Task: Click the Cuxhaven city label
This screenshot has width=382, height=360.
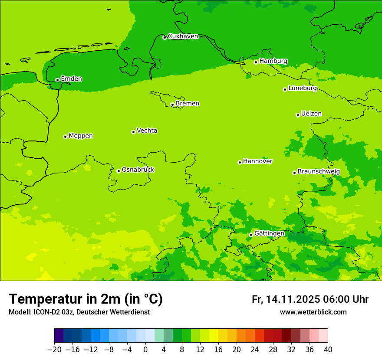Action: point(183,36)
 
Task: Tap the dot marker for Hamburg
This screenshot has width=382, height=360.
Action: point(256,62)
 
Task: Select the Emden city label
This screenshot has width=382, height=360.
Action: point(71,79)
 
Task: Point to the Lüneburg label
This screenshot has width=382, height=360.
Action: point(303,88)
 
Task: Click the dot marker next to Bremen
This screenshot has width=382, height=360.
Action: point(172,105)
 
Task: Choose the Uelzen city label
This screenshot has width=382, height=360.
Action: point(311,114)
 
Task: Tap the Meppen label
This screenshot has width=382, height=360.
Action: point(81,136)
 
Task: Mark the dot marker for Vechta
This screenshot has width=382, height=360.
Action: point(133,132)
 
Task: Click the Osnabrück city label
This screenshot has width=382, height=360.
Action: point(138,170)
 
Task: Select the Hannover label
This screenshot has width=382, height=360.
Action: point(257,161)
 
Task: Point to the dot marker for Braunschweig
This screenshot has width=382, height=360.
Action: point(294,173)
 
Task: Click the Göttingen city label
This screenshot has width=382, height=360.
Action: point(269,234)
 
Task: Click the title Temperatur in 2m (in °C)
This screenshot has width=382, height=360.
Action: point(86,299)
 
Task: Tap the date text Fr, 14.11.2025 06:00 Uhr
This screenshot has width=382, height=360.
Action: point(310,300)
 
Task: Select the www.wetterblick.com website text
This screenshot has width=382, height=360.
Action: point(313,312)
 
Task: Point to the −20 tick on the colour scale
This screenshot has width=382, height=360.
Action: point(54,350)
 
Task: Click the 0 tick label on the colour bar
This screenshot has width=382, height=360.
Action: point(145,350)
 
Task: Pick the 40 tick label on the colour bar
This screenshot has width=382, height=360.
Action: point(328,350)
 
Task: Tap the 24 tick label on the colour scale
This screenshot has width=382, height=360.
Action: point(255,350)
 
